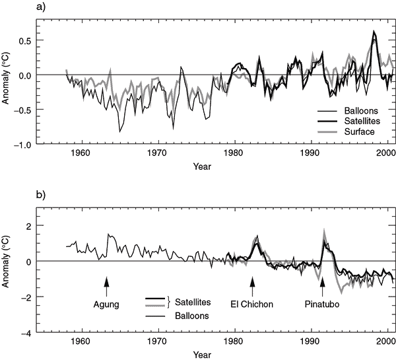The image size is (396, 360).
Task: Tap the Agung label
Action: coord(106,305)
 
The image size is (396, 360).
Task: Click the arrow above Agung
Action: coord(106,287)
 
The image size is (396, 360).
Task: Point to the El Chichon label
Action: coord(251,305)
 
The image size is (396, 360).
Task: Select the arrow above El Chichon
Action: coord(251,287)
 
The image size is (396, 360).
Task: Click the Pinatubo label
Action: coord(323,305)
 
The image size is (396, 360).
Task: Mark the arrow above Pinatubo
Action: coord(323,287)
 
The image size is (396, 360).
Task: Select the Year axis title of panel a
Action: coord(203,164)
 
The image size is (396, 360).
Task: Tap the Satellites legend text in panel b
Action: coord(193,302)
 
